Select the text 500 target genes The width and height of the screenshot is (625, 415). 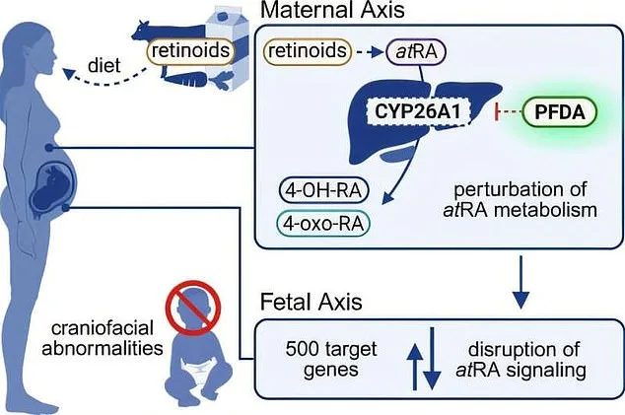(320, 358)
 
